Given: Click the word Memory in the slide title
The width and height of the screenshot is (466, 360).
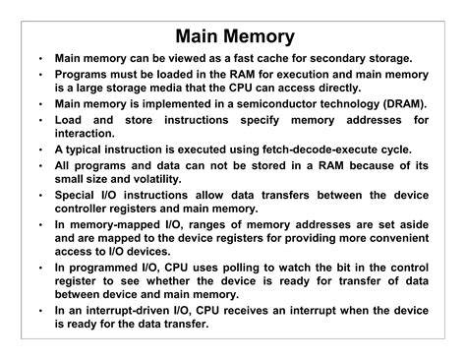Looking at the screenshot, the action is point(259,36).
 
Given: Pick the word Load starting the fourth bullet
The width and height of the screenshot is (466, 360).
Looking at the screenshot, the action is point(70,119).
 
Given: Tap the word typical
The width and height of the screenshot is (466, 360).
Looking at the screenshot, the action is point(87,149).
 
